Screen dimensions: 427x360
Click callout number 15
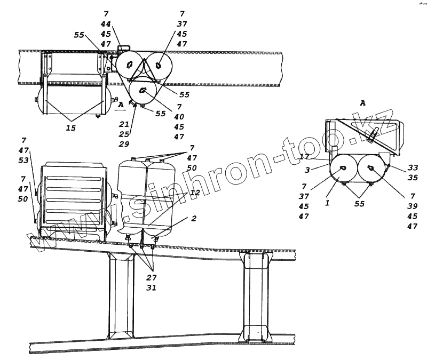tap(70, 128)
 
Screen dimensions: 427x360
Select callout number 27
tap(152, 278)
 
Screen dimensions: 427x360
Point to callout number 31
tap(152, 288)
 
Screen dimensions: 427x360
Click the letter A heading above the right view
tap(362, 103)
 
